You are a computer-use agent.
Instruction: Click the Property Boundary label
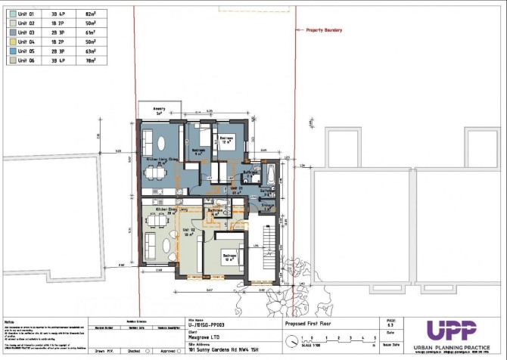[324, 30]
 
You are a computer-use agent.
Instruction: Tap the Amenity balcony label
[159, 110]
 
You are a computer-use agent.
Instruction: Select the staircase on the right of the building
[267, 250]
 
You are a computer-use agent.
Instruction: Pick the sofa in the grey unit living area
[148, 244]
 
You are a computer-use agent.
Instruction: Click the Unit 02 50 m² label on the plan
[188, 231]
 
